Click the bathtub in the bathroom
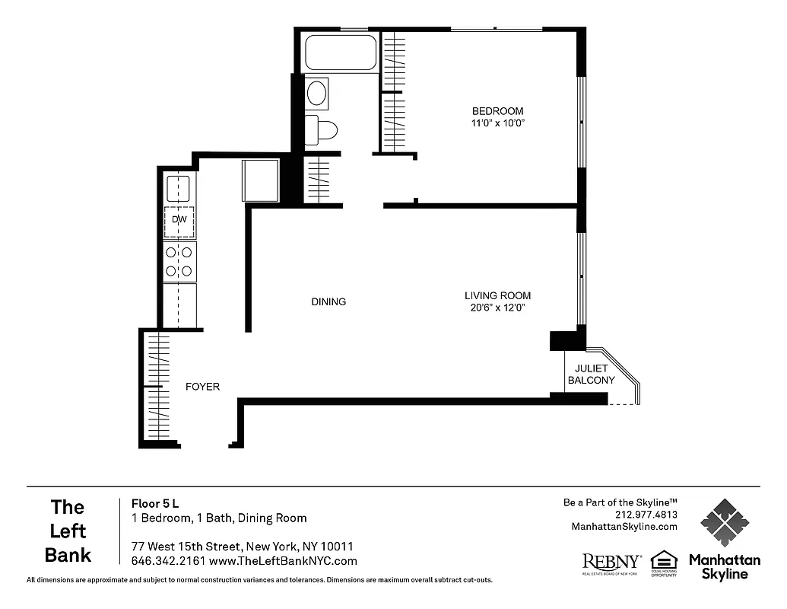pos(341,53)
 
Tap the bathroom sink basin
pos(316,94)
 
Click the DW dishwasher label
pos(179,220)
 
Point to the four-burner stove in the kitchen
pos(179,261)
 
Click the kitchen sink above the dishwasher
pos(179,188)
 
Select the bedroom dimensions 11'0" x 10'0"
pos(498,123)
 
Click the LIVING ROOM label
pos(498,295)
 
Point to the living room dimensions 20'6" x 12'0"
pos(498,308)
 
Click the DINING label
pos(328,301)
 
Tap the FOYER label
pos(202,387)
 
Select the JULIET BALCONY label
pos(591,375)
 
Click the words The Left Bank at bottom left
pos(68,531)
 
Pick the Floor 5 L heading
pos(155,503)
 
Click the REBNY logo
pos(611,562)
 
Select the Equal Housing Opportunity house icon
pos(663,560)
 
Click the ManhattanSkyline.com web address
pos(624,527)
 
